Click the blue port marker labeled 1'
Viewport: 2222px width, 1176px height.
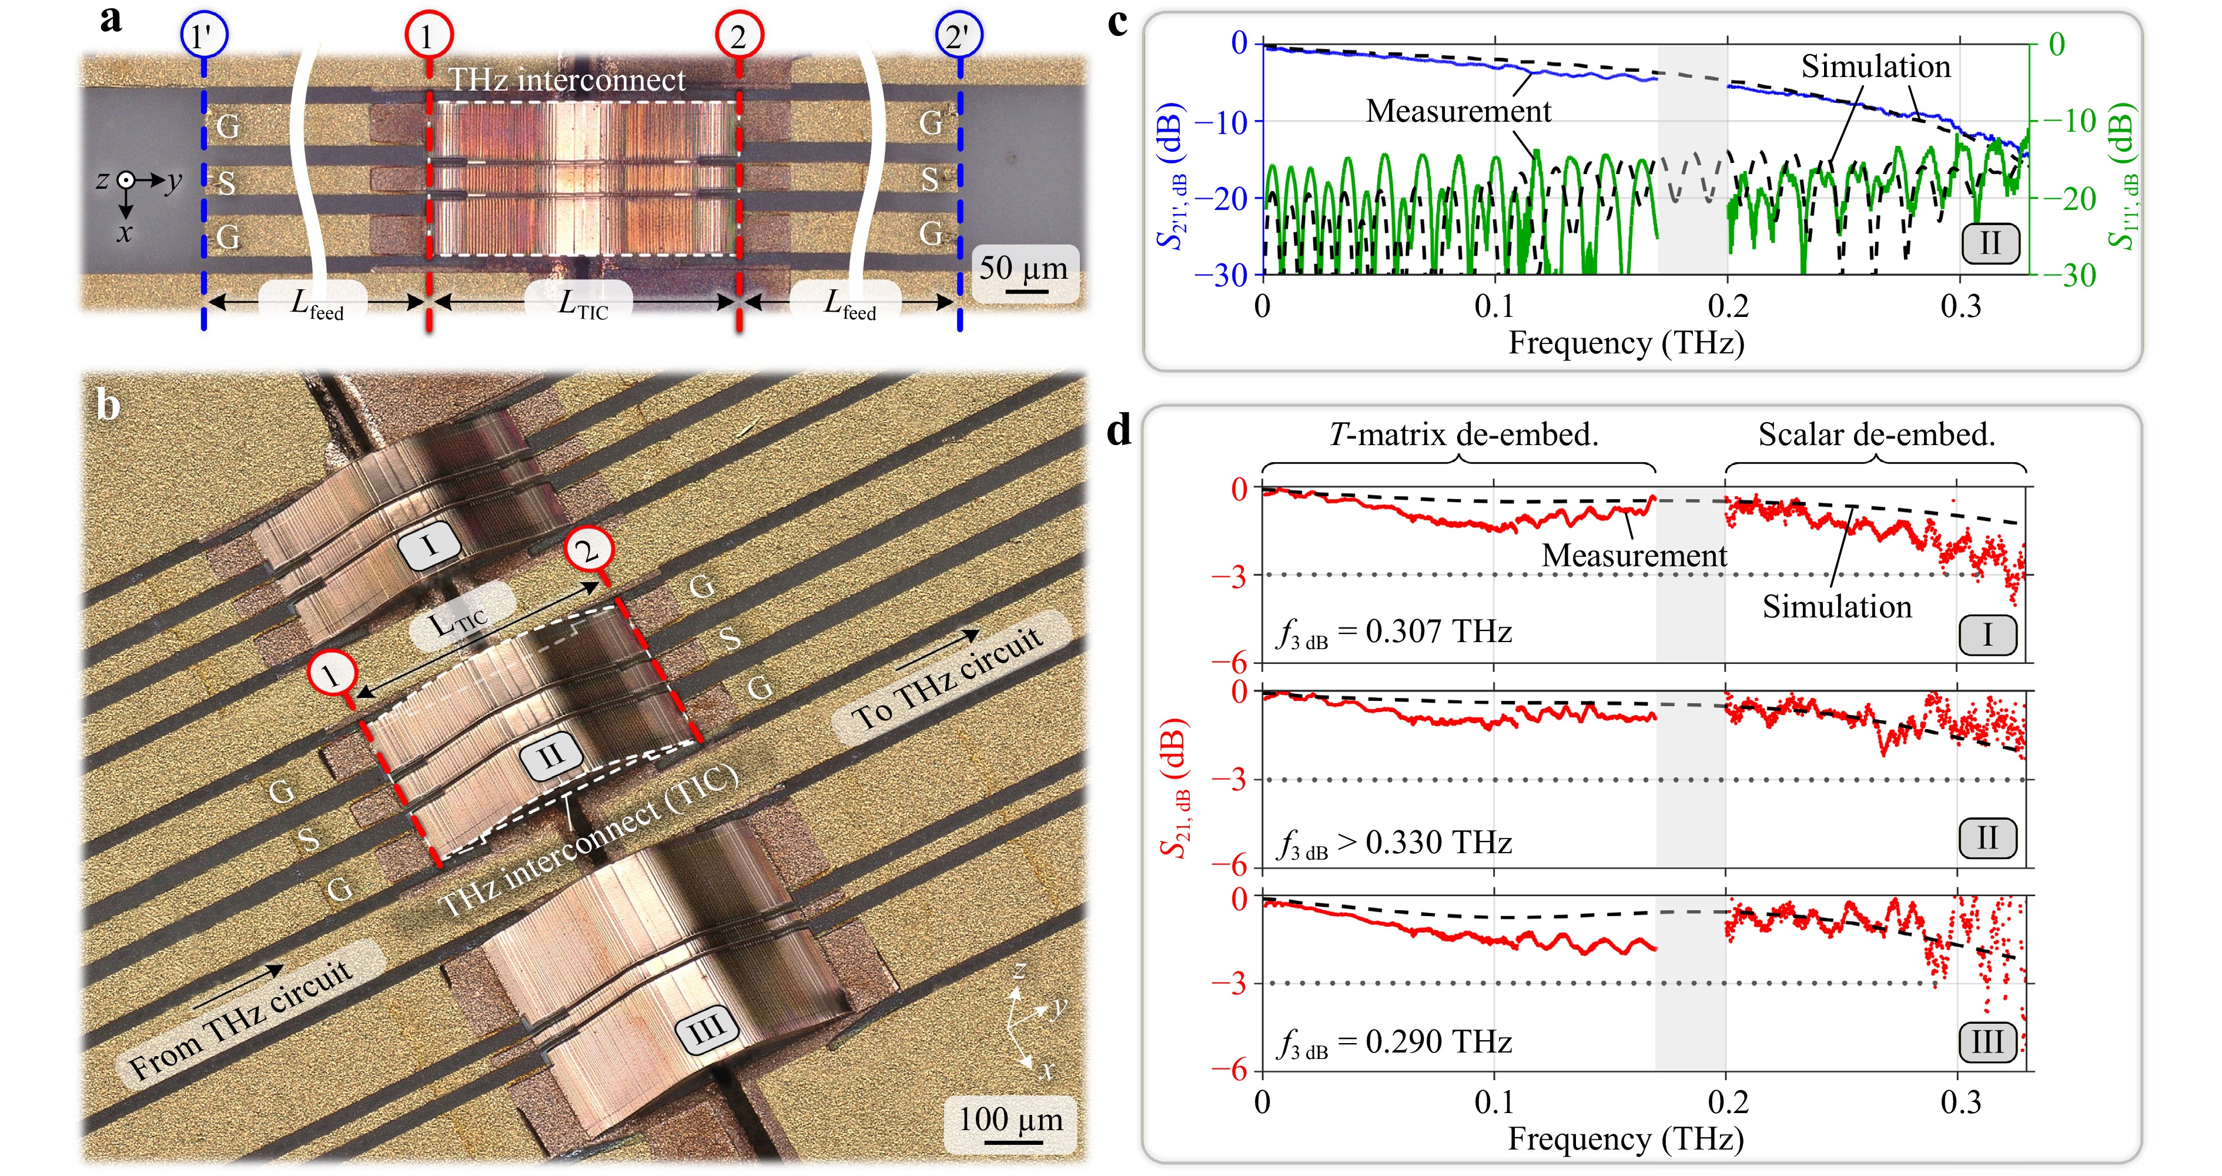203,36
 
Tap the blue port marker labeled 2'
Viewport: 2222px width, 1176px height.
959,36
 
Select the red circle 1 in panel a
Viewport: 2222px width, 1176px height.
429,36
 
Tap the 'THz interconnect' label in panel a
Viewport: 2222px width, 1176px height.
568,79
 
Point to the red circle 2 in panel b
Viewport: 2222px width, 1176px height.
588,550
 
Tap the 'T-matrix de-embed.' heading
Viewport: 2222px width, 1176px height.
1464,434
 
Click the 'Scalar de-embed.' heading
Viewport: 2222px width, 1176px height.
1877,434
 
